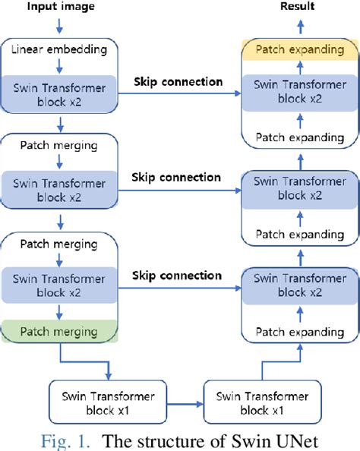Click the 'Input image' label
(x=61, y=8)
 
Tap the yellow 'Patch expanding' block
(x=299, y=49)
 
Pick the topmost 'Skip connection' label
(x=177, y=81)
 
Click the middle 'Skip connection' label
(x=177, y=177)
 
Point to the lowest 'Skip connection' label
(x=177, y=275)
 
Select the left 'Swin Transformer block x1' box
(x=106, y=402)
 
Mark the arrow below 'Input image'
(x=61, y=26)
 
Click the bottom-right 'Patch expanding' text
(x=299, y=332)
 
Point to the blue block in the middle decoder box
(x=299, y=187)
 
